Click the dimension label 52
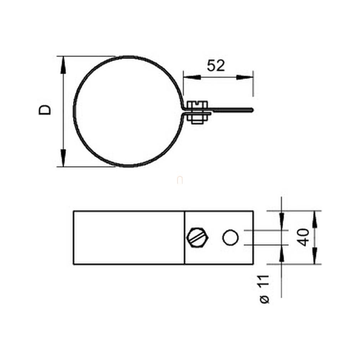point(216,66)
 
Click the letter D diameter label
point(45,110)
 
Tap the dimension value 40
point(303,237)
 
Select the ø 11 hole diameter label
point(264,289)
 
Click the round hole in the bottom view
point(231,237)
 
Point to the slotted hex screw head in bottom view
point(198,237)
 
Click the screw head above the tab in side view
point(197,105)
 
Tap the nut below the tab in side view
point(197,119)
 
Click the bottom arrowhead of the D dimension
point(63,158)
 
